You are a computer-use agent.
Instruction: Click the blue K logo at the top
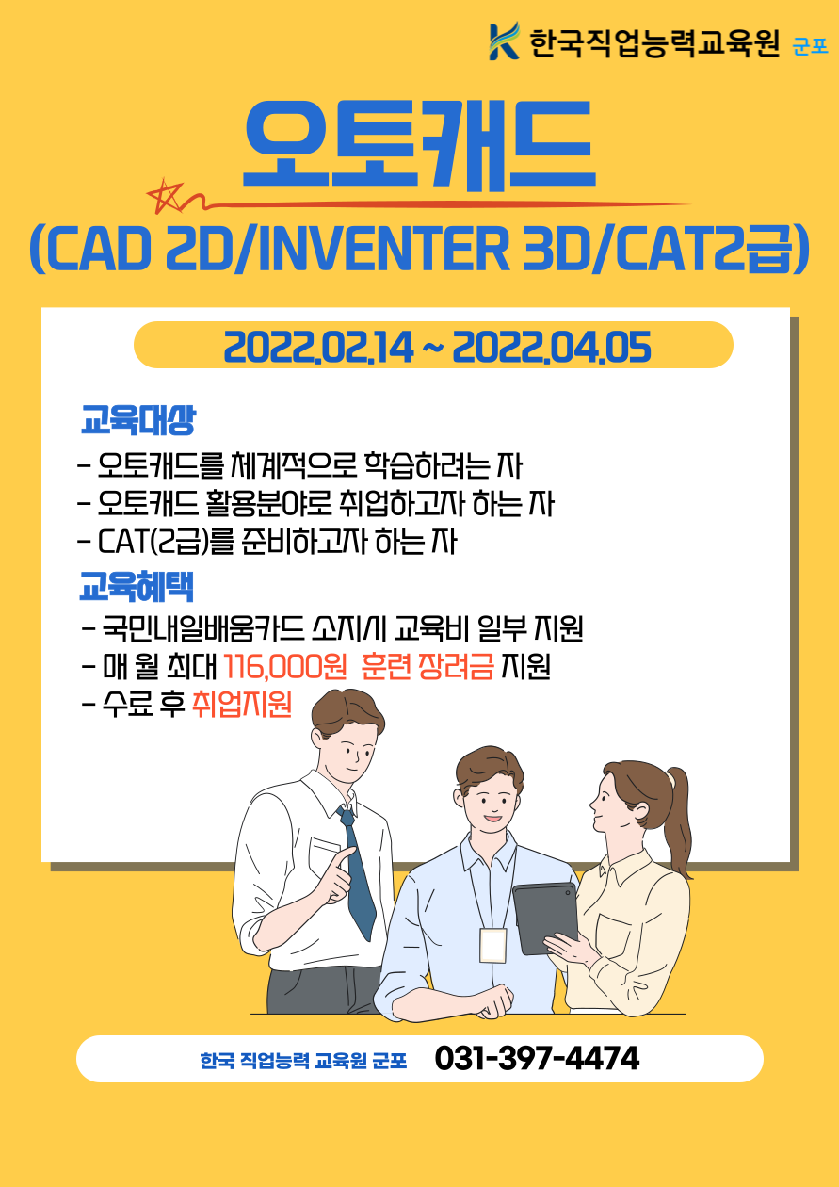pos(504,41)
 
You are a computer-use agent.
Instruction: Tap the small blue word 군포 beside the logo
pos(810,47)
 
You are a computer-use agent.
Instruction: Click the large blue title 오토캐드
pos(419,144)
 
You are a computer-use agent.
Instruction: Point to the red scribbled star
pos(166,196)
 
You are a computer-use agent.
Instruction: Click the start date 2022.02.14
pos(318,348)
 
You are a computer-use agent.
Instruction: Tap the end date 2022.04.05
pos(552,348)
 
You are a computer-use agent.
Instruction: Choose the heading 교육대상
pos(138,420)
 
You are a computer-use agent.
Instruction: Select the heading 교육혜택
pos(137,587)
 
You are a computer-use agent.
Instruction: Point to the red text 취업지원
pos(241,705)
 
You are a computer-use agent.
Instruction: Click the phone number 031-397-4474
pos(537,1059)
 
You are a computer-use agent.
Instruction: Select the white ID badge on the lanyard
pos(493,946)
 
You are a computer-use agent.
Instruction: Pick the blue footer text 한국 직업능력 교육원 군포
pos(303,1061)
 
